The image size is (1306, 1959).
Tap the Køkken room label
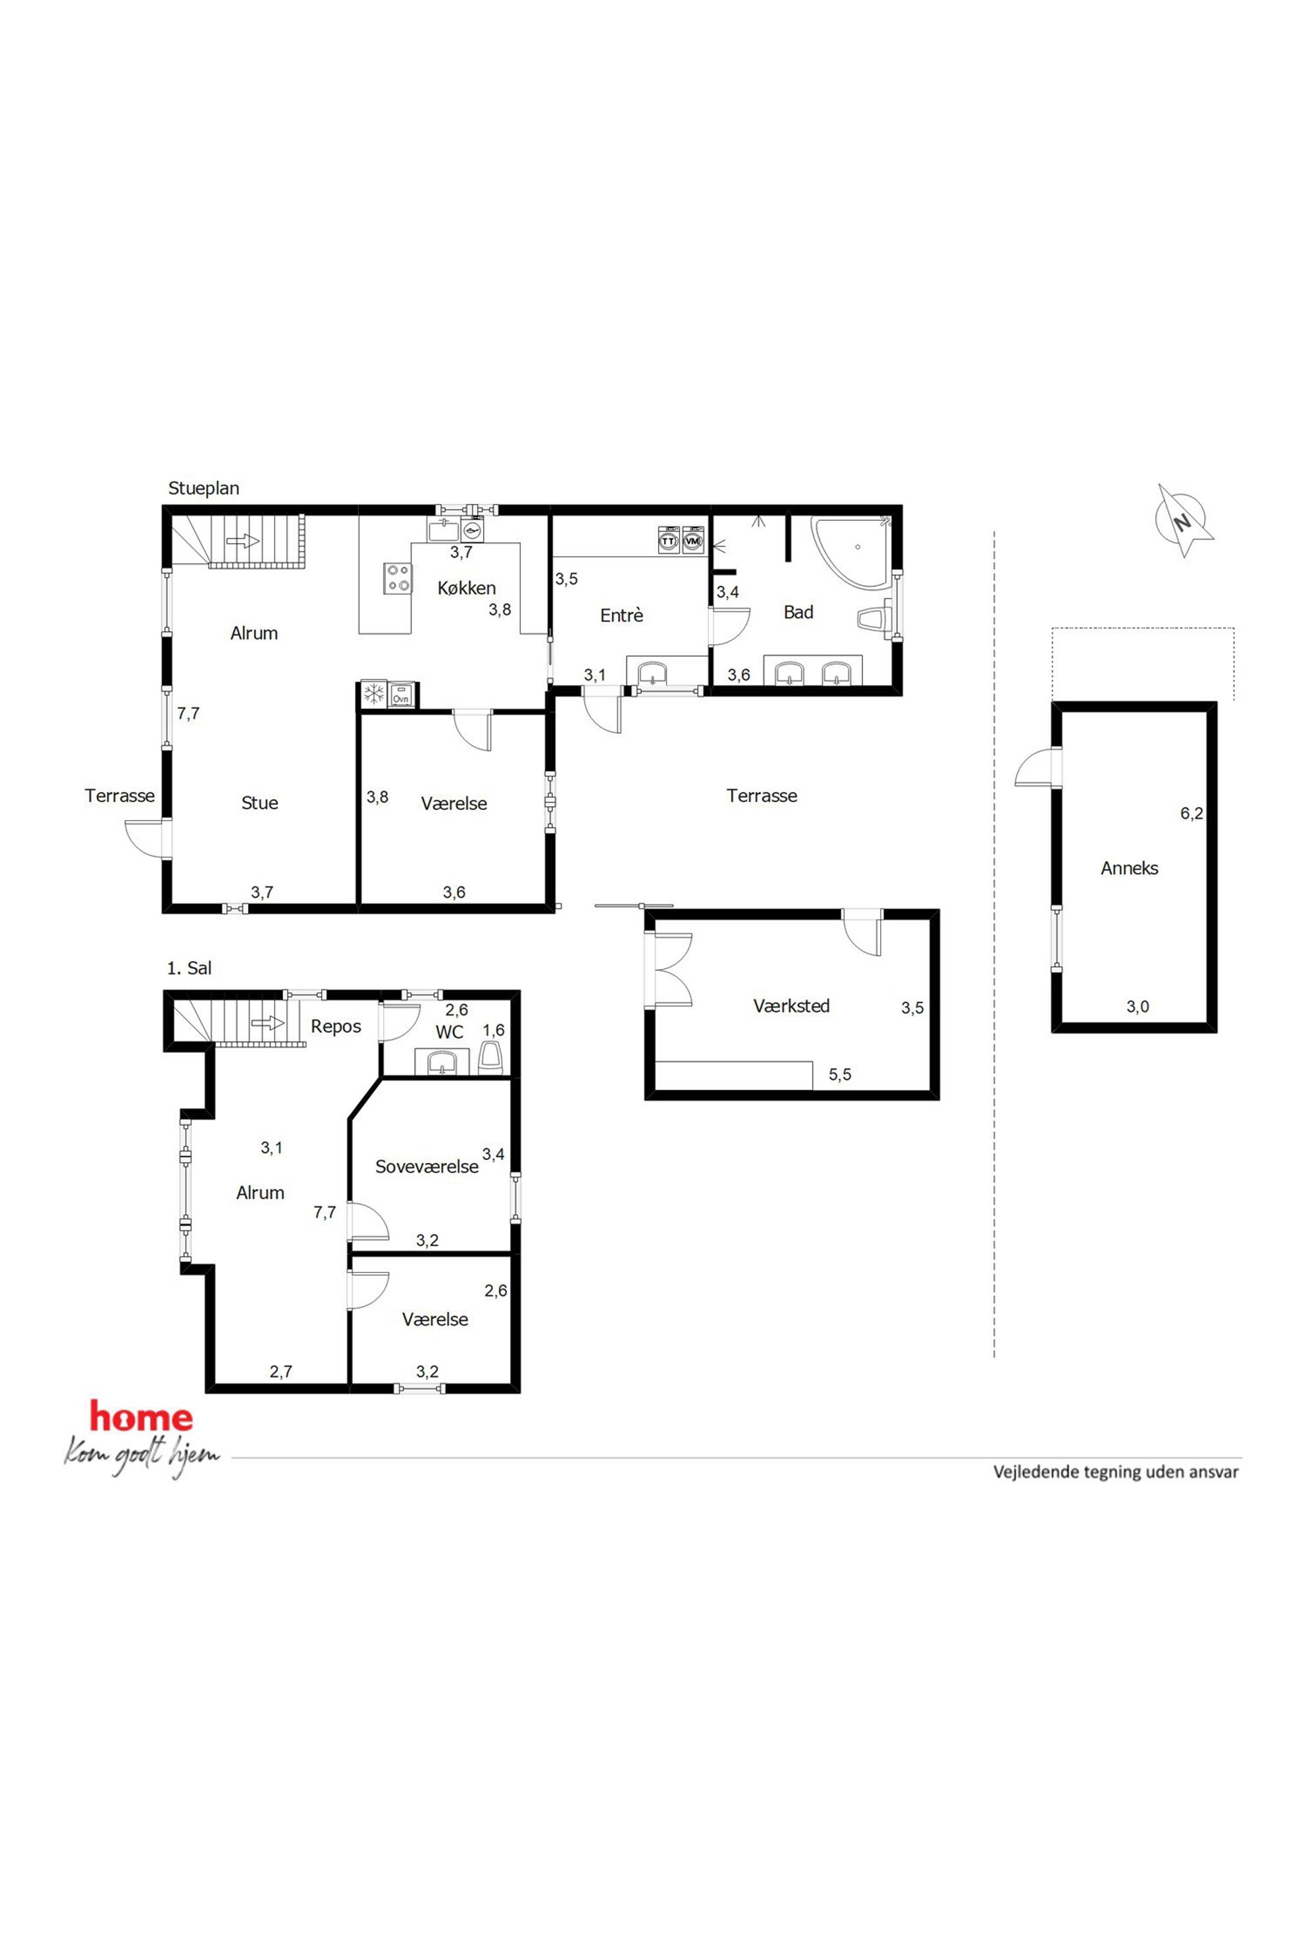point(467,588)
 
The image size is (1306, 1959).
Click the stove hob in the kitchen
point(398,577)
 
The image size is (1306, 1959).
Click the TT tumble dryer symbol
point(668,540)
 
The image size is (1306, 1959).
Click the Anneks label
point(1130,868)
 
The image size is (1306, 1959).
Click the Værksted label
point(791,1005)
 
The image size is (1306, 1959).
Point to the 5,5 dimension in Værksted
point(839,1074)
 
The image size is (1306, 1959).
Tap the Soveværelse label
point(427,1166)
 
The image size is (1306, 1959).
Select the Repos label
point(336,1027)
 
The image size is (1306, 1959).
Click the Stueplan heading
point(203,488)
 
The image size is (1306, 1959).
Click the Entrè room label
point(621,615)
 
